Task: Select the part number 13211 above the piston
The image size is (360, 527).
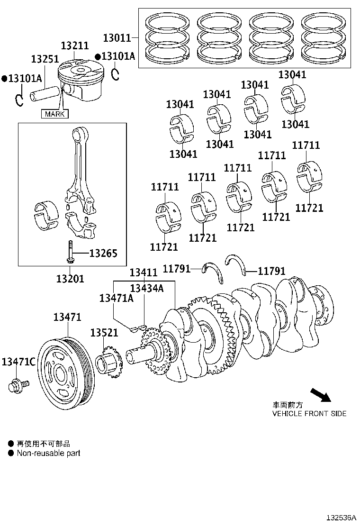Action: pos(74,45)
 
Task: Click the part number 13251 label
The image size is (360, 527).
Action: pos(45,59)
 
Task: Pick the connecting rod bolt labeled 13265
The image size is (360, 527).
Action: pos(70,251)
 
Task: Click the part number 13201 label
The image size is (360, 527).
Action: pos(70,279)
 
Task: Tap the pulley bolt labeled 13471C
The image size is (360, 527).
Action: pos(18,385)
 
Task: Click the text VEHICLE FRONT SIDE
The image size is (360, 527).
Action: pos(309,413)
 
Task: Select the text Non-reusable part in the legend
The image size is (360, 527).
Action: pos(48,453)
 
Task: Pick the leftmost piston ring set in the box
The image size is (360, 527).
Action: pos(168,38)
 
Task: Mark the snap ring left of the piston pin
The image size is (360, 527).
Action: pos(18,100)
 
